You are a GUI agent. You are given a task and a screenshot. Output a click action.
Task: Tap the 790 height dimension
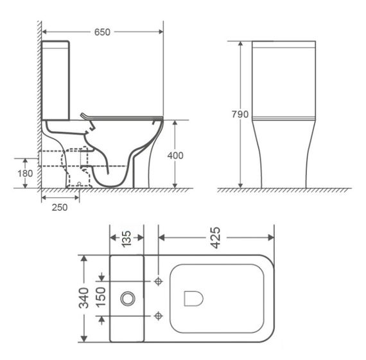(240, 114)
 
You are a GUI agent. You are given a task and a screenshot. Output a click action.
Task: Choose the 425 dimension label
(215, 237)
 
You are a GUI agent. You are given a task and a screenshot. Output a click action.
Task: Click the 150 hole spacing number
(101, 298)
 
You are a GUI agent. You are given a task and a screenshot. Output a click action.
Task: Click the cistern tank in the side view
(56, 80)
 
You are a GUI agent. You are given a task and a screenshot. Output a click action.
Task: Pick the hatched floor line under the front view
(283, 191)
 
